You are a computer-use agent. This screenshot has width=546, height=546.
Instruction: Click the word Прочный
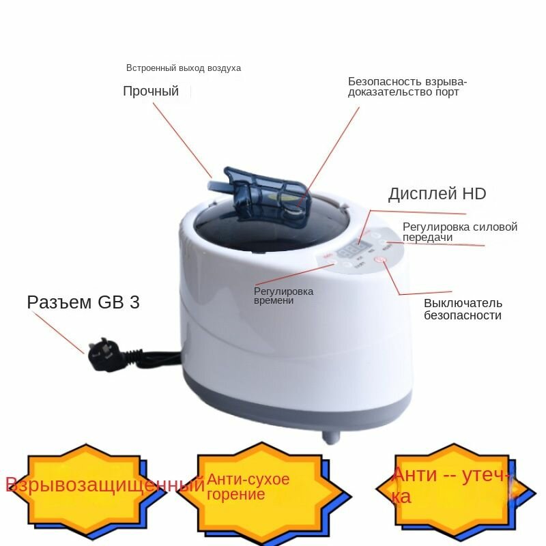pos(151,91)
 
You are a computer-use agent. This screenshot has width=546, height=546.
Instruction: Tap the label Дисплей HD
pos(437,194)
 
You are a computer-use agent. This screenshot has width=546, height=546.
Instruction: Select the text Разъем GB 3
pos(83,302)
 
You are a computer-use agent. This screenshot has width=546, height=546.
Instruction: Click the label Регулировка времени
pos(283,296)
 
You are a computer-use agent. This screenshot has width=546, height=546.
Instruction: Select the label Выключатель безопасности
pos(463,309)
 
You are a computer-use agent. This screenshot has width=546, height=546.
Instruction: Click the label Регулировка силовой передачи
pos(459,232)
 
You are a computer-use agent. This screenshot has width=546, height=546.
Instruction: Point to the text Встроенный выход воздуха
pos(184,68)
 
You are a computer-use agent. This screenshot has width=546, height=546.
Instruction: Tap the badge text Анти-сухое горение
pos(248,486)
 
